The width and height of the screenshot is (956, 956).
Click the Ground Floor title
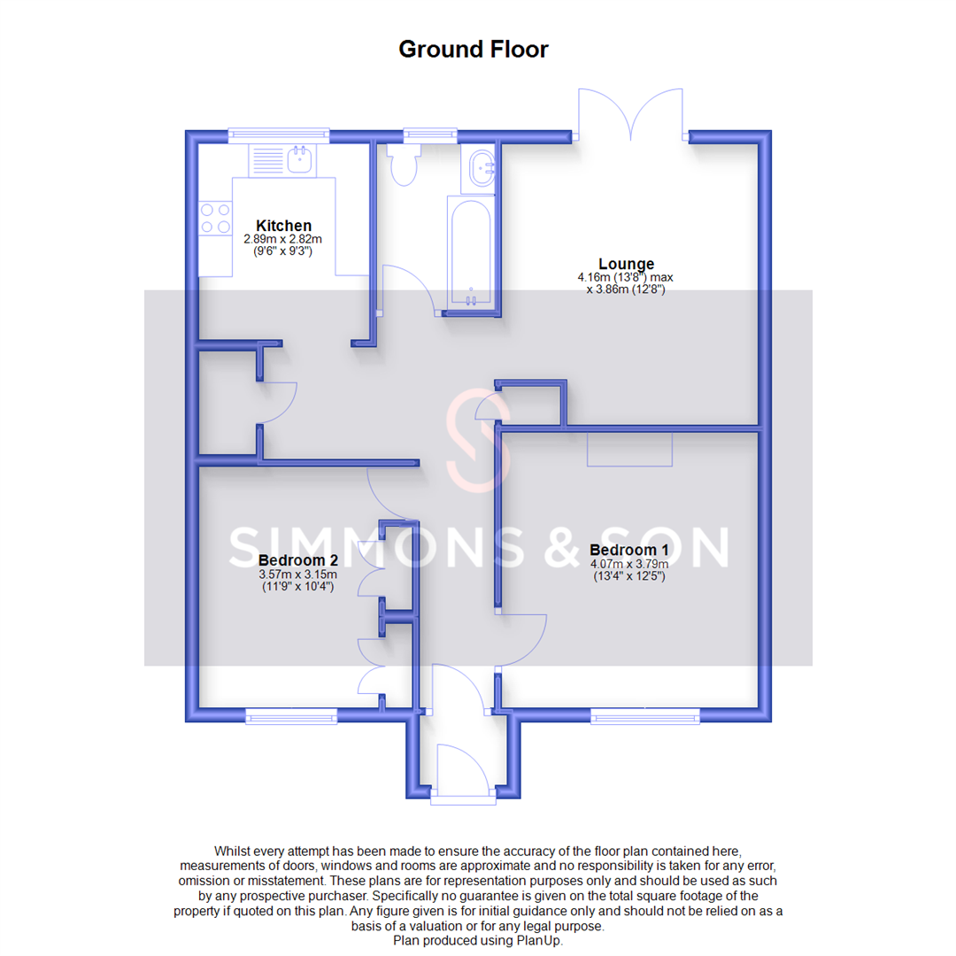[473, 49]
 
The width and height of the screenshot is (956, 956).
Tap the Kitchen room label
[283, 226]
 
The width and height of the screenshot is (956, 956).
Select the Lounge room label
[626, 264]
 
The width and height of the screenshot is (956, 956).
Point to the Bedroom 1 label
[628, 550]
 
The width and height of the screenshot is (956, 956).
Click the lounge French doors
[630, 113]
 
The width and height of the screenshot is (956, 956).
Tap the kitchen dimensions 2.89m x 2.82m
[283, 239]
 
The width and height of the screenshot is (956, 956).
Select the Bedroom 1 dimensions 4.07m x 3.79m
[628, 564]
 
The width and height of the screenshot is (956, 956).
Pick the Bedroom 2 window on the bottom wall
[291, 715]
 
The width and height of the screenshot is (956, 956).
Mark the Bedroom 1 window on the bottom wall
[645, 715]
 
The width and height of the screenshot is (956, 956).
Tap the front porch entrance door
[460, 768]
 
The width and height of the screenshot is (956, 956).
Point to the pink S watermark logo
[478, 440]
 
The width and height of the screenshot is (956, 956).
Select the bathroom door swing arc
[407, 288]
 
